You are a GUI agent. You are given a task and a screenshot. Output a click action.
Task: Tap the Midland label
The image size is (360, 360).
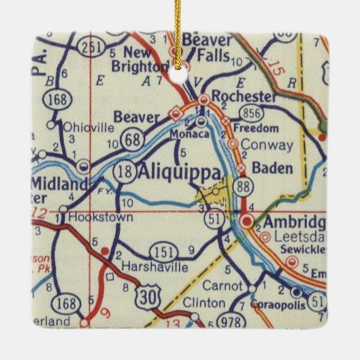[x=58, y=184]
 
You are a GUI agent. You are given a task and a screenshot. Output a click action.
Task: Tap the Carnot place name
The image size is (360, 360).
[x=221, y=285]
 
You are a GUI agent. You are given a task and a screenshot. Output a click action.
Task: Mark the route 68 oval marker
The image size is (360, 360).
[x=130, y=141]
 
